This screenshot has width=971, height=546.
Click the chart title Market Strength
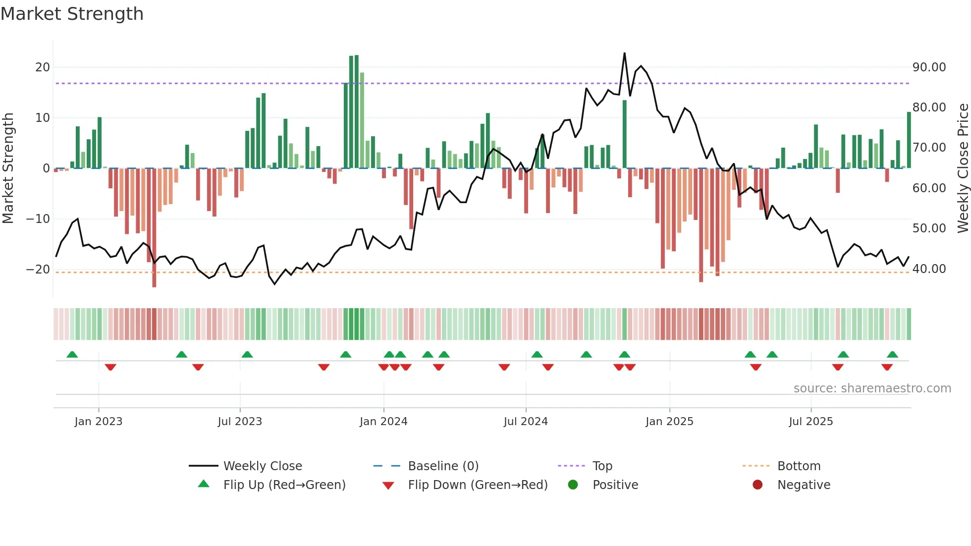(x=72, y=14)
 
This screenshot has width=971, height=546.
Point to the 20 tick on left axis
(x=43, y=67)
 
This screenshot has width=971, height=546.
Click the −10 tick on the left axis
(x=38, y=219)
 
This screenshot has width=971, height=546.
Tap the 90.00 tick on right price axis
(x=929, y=67)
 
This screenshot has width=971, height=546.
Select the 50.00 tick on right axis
(x=929, y=228)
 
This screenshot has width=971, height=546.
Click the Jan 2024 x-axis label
(x=383, y=422)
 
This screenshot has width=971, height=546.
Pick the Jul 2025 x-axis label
(x=811, y=422)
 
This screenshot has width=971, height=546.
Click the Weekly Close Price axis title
(x=963, y=168)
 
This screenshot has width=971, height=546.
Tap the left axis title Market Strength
(x=8, y=168)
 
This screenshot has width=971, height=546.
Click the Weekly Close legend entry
(x=262, y=466)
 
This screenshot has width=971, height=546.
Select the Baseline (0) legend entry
(x=443, y=466)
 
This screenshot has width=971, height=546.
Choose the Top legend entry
(x=602, y=466)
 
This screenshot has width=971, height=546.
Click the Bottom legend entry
(x=799, y=466)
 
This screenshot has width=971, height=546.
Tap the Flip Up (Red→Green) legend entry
(x=284, y=485)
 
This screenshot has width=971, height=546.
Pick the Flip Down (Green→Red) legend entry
(x=478, y=485)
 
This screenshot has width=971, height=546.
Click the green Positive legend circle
(x=573, y=485)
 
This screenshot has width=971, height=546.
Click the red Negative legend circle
(x=757, y=485)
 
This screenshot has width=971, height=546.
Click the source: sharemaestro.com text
(x=872, y=388)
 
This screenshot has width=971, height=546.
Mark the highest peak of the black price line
(x=624, y=53)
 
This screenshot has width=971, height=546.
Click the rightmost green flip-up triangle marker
(x=892, y=355)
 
